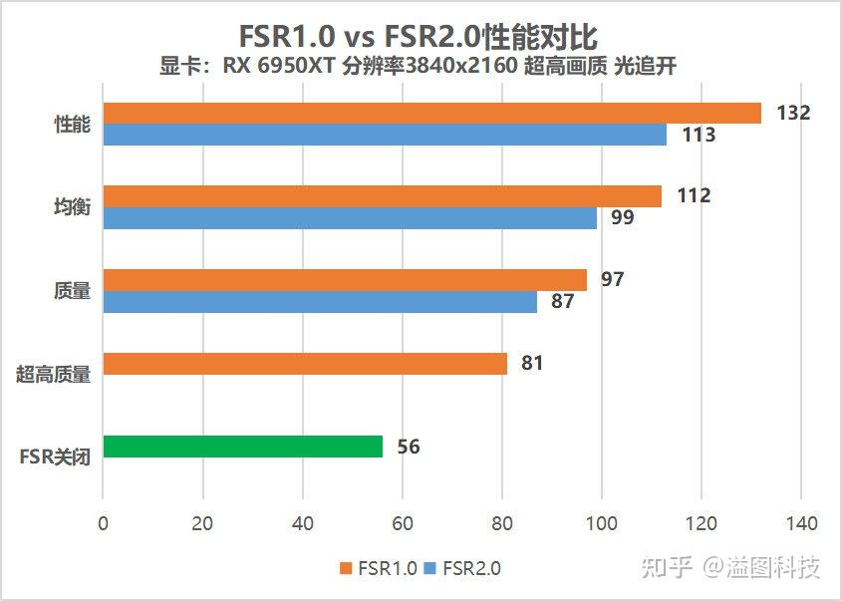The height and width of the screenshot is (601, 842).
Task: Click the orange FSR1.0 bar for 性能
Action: pos(431,113)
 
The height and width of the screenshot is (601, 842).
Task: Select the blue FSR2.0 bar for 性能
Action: pos(385,135)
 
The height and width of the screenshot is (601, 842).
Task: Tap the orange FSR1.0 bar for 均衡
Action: pos(382,196)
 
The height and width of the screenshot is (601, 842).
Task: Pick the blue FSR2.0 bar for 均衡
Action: pos(350,218)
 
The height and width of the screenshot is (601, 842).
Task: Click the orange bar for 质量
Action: pos(345,280)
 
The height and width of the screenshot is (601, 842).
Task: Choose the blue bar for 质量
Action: pos(320,301)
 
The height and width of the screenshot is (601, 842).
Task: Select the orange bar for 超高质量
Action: pos(305,364)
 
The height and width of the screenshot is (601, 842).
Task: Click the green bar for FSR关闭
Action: pos(242,447)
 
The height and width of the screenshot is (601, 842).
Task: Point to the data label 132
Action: pos(793,113)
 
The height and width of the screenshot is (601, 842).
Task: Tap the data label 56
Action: pos(409,448)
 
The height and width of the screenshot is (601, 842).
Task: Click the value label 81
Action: pos(532,364)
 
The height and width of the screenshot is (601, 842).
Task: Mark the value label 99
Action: pos(622,217)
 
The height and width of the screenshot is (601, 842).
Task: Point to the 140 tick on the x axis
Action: pos(801,523)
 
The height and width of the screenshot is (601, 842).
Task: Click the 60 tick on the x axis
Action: pos(403,523)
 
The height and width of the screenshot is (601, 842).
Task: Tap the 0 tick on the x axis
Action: pos(104,523)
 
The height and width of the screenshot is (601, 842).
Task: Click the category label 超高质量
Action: pos(54,375)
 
